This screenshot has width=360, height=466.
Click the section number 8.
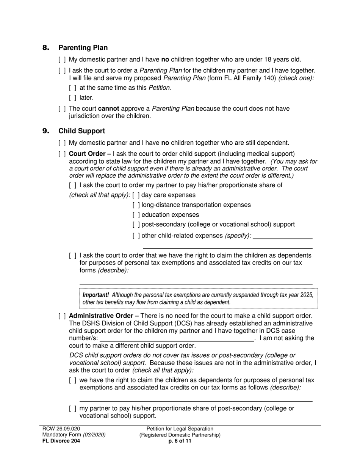pyautogui.click(x=46, y=48)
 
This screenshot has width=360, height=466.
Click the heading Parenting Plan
pyautogui.click(x=83, y=48)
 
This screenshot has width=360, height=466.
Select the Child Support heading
pyautogui.click(x=81, y=131)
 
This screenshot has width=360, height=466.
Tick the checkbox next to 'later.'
pyautogui.click(x=73, y=98)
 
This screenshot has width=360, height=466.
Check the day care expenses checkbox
pyautogui.click(x=136, y=195)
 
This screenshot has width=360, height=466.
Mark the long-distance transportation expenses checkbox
pyautogui.click(x=136, y=205)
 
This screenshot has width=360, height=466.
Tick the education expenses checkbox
pyautogui.click(x=136, y=215)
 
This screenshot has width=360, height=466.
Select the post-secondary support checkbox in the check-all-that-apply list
pyautogui.click(x=136, y=225)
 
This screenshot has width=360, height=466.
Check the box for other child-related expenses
pyautogui.click(x=136, y=236)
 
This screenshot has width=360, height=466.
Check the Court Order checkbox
pyautogui.click(x=62, y=154)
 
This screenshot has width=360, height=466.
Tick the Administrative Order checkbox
pyautogui.click(x=62, y=316)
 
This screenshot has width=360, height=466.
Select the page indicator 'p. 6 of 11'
pyautogui.click(x=180, y=441)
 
